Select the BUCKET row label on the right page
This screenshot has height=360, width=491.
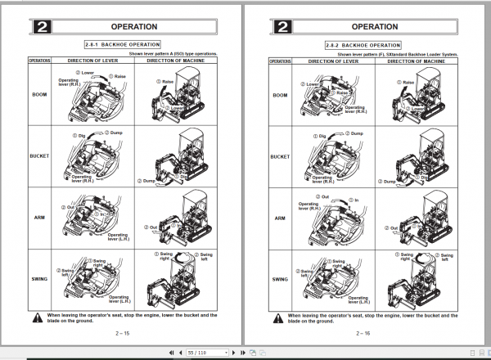[280, 156]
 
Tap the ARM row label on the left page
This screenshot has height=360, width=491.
[38, 218]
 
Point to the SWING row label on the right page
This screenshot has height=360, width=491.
[280, 280]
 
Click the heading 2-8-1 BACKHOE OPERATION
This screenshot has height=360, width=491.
[124, 43]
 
